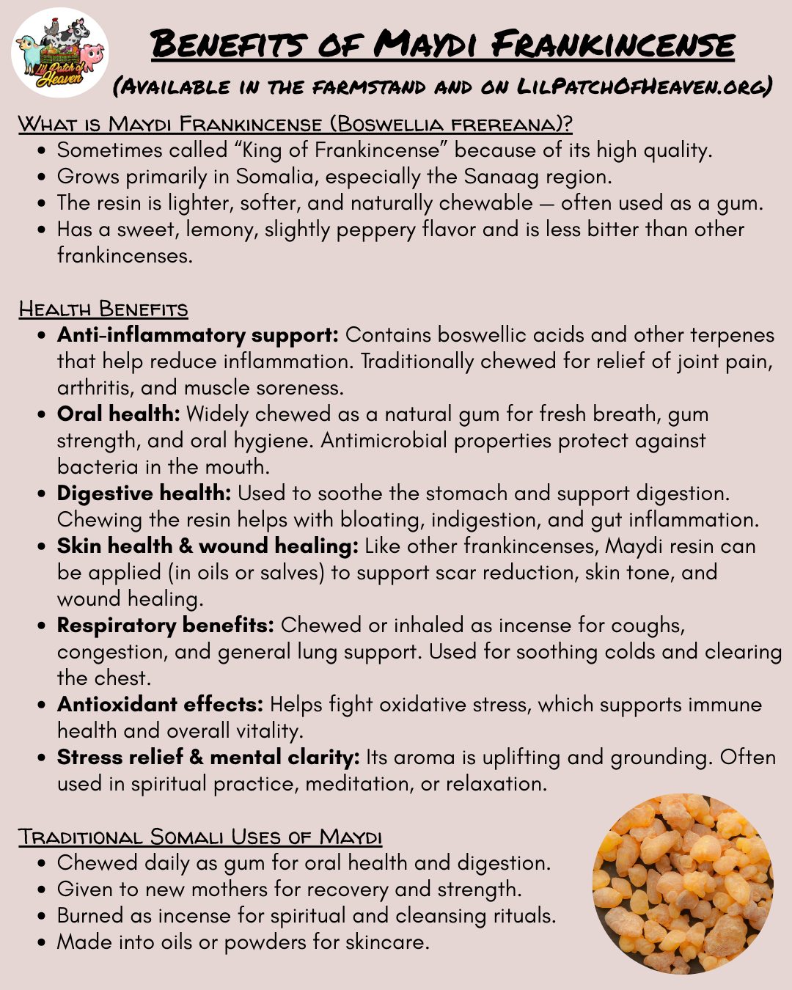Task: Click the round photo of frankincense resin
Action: [683, 884]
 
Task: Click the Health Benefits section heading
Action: [103, 309]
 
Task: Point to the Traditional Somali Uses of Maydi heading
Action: [200, 837]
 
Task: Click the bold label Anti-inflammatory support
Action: [197, 335]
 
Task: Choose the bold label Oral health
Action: [118, 414]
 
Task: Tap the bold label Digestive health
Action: [144, 494]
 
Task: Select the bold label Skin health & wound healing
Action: [208, 546]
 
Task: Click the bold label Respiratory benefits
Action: [165, 626]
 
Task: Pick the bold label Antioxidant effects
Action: [160, 705]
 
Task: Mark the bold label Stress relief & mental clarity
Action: [208, 758]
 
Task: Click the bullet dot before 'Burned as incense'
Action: [43, 917]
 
